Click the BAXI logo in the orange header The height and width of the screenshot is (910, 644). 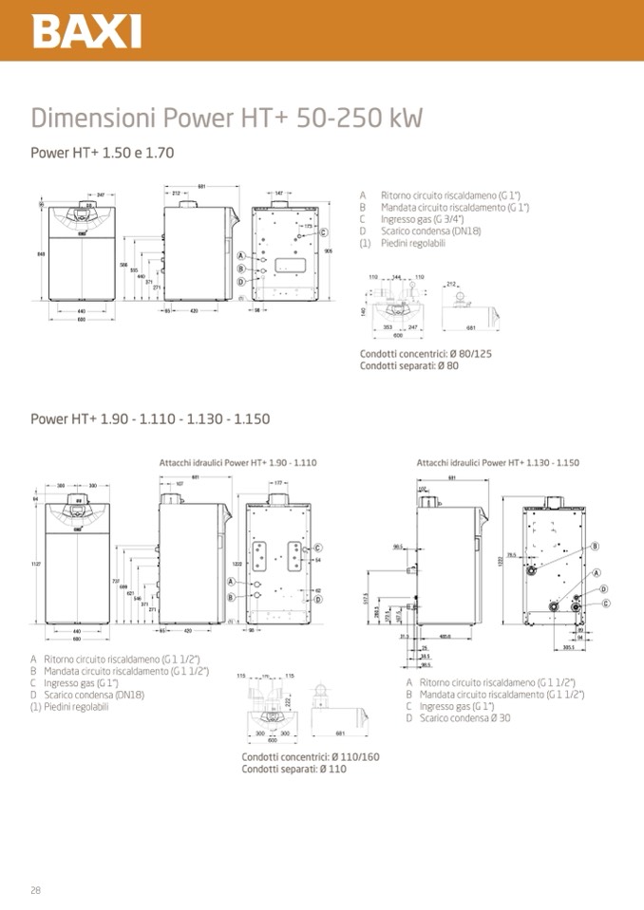tap(87, 30)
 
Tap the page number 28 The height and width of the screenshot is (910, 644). tap(35, 889)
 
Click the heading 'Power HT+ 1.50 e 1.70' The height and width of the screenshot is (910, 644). tap(102, 152)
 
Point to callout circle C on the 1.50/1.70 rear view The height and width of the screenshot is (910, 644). tap(324, 232)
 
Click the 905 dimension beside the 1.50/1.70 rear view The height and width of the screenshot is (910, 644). tap(327, 251)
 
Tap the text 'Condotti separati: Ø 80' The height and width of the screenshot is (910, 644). tap(408, 365)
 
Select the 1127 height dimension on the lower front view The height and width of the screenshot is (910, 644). tap(38, 564)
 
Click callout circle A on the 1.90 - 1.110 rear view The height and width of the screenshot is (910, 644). tap(231, 581)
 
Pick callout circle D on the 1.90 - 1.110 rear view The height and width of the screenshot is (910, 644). tap(318, 599)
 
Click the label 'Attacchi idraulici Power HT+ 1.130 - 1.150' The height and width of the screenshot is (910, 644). tap(498, 462)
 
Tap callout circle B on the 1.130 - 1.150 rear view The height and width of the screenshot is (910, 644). tap(595, 546)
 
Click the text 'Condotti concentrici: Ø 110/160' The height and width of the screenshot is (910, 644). tap(310, 757)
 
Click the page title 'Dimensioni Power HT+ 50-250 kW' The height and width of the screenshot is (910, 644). tap(226, 119)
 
